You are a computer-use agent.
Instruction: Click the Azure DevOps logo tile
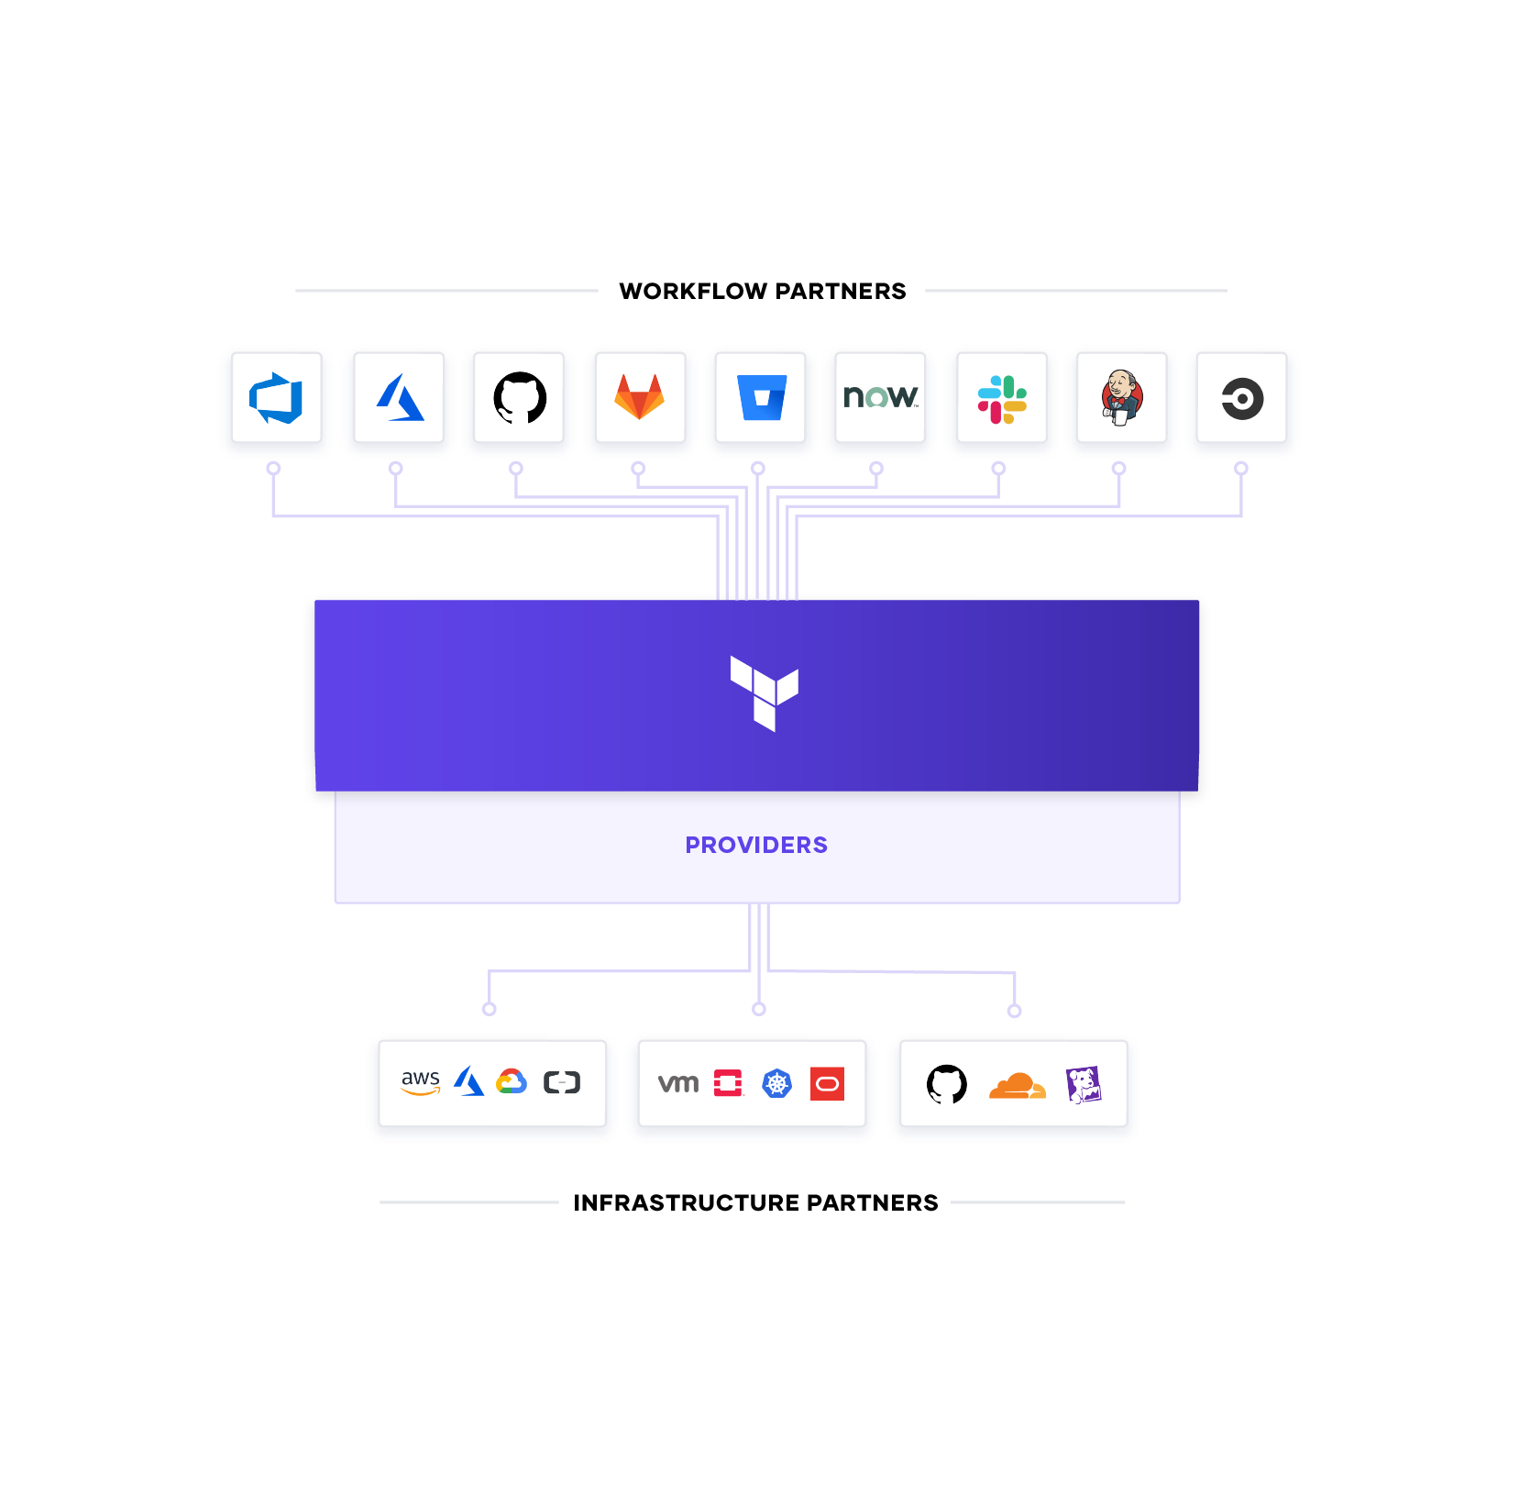[x=276, y=398]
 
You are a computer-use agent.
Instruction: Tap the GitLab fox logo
[x=639, y=397]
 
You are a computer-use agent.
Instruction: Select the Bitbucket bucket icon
[x=762, y=397]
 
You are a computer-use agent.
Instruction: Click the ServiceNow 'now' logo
[x=880, y=397]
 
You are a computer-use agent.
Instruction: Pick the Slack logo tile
[x=1002, y=399]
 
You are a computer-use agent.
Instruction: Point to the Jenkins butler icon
[x=1122, y=398]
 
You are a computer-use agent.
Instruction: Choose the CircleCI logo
[x=1242, y=399]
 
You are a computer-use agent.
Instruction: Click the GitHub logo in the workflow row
[x=520, y=398]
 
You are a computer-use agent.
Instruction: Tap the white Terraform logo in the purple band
[x=764, y=692]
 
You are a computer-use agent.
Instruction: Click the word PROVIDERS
[x=756, y=845]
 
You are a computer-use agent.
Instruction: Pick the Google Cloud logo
[x=512, y=1082]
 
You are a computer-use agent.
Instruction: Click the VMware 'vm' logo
[x=678, y=1083]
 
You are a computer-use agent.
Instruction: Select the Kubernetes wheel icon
[x=777, y=1084]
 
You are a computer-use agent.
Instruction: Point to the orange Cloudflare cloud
[x=1017, y=1085]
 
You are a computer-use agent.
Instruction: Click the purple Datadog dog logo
[x=1084, y=1085]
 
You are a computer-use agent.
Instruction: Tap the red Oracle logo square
[x=827, y=1084]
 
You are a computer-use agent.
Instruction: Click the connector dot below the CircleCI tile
[x=1241, y=469]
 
